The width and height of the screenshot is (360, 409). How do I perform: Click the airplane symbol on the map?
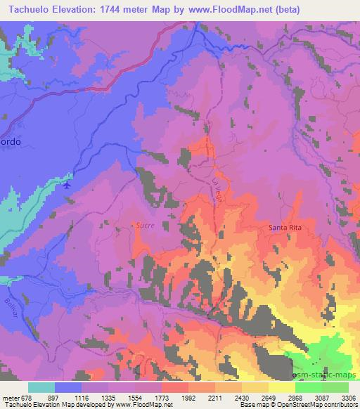pyautogui.click(x=67, y=186)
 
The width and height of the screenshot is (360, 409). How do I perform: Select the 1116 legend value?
pyautogui.click(x=82, y=397)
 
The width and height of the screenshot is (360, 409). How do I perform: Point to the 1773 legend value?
pyautogui.click(x=162, y=397)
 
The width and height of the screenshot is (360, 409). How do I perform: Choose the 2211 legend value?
pyautogui.click(x=215, y=397)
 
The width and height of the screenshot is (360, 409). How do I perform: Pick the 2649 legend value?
pyautogui.click(x=268, y=397)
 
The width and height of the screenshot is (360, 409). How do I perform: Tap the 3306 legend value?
pyautogui.click(x=347, y=397)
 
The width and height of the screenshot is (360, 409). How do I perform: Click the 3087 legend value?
pyautogui.click(x=321, y=397)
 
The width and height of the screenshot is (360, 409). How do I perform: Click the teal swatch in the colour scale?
pyautogui.click(x=41, y=387)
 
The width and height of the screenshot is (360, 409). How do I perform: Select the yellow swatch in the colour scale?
pyautogui.click(x=281, y=387)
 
